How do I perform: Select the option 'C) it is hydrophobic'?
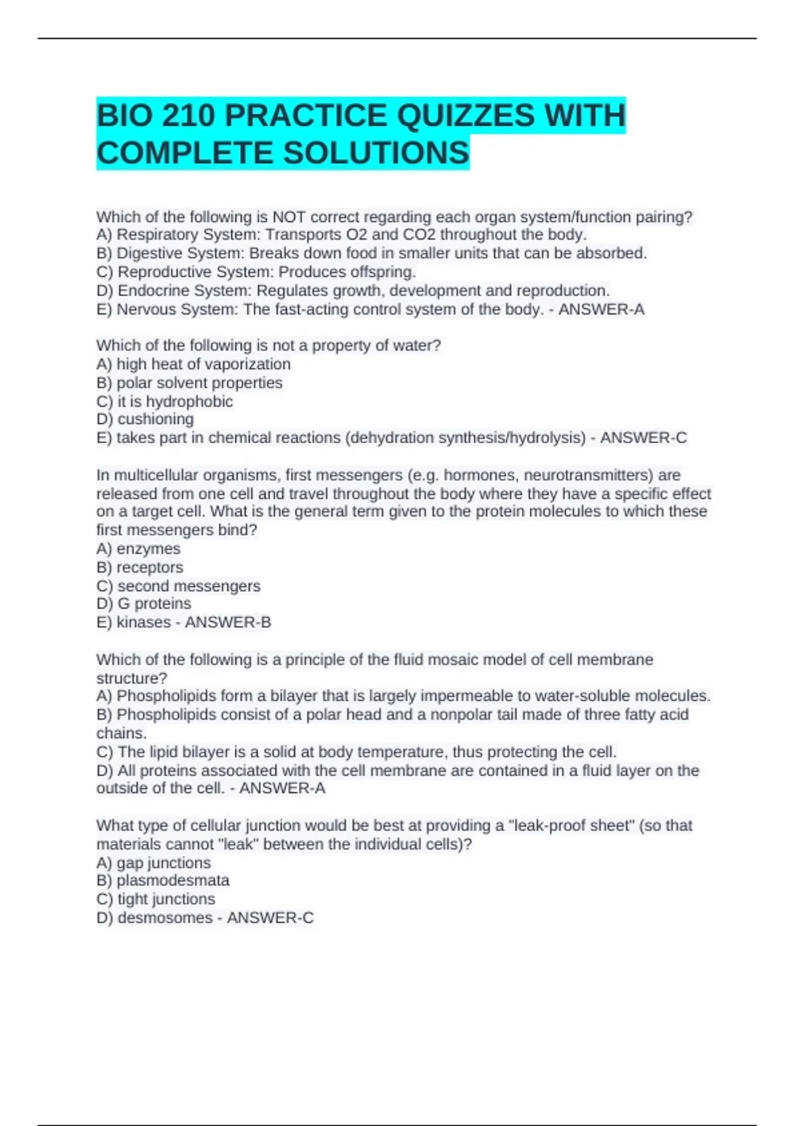(x=164, y=401)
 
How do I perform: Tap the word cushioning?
(x=156, y=419)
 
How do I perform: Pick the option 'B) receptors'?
(x=140, y=568)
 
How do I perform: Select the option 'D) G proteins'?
(x=144, y=603)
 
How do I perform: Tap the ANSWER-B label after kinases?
(x=228, y=622)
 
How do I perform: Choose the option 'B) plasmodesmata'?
(x=163, y=880)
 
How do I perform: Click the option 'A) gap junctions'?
(x=154, y=863)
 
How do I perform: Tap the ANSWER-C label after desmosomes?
(x=270, y=917)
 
